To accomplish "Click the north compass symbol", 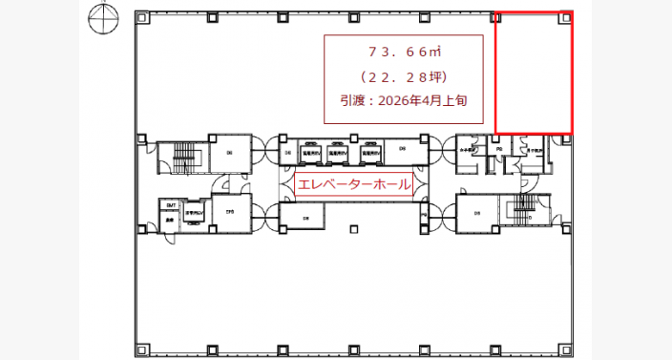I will (x=100, y=17).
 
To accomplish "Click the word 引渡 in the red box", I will (x=352, y=98).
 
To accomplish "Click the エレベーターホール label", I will (x=354, y=184).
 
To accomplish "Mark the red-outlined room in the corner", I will (x=533, y=73).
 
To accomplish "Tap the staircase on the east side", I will (x=524, y=209).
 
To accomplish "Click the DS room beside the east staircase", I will (x=477, y=212).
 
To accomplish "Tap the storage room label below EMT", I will (x=169, y=218).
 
